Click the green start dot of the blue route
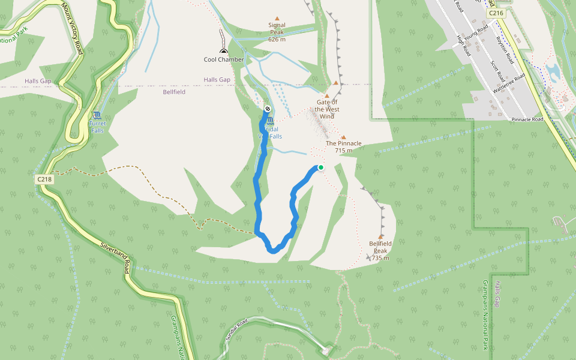click(321, 167)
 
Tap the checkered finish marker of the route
click(267, 109)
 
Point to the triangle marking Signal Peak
click(277, 19)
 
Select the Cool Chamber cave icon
click(224, 51)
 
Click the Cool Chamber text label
click(224, 59)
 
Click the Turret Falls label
click(97, 127)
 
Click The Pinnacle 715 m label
click(344, 147)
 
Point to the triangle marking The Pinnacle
click(343, 137)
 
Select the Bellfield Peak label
click(380, 250)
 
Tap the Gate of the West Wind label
click(327, 109)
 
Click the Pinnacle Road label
click(527, 119)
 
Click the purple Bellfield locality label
click(174, 92)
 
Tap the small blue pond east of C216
click(553, 72)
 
